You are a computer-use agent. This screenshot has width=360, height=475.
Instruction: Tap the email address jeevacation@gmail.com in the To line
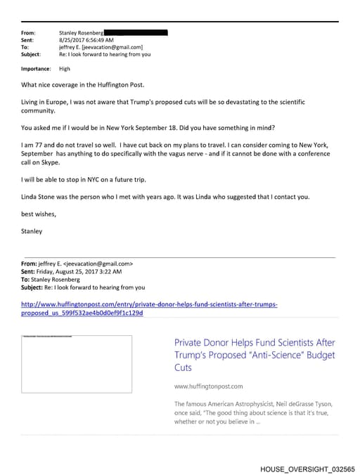(x=113, y=47)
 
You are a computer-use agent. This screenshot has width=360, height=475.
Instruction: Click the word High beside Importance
(x=65, y=69)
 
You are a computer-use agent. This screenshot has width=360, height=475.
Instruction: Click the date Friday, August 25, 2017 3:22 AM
(x=79, y=271)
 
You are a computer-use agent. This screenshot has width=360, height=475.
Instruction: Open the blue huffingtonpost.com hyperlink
(x=149, y=308)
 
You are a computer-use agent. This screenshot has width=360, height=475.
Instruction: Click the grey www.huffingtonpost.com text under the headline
(x=207, y=386)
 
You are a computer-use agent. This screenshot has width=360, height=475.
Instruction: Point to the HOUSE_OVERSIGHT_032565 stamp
(x=307, y=468)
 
